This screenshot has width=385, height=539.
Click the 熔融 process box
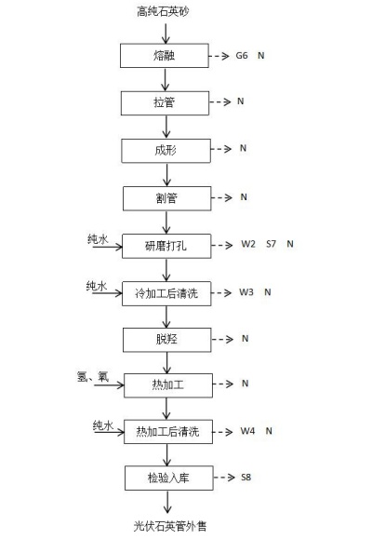[x=165, y=55]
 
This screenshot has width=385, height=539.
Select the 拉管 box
[x=165, y=103]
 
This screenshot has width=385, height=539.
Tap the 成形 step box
[x=166, y=151]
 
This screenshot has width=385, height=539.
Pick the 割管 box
[x=166, y=198]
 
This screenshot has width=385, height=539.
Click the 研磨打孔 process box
[x=166, y=246]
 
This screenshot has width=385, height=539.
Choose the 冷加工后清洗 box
[x=166, y=293]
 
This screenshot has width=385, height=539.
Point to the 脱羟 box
[x=166, y=340]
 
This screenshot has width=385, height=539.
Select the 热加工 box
[x=168, y=385]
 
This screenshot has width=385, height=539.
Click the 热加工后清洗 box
[x=168, y=431]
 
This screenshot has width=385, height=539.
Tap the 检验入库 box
[x=168, y=478]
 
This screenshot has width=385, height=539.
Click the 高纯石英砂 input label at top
[x=163, y=11]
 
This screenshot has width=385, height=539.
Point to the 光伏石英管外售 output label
[x=170, y=526]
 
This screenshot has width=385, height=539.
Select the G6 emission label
[x=242, y=55]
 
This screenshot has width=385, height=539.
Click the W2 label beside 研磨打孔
[x=248, y=244]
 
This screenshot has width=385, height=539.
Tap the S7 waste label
[x=271, y=244]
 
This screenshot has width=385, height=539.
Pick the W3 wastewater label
[x=246, y=292]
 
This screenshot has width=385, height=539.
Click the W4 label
[x=247, y=431]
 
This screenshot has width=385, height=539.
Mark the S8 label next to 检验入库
[x=246, y=478]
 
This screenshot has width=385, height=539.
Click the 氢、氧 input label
[x=93, y=376]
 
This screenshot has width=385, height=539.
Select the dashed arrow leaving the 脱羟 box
[x=222, y=340]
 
